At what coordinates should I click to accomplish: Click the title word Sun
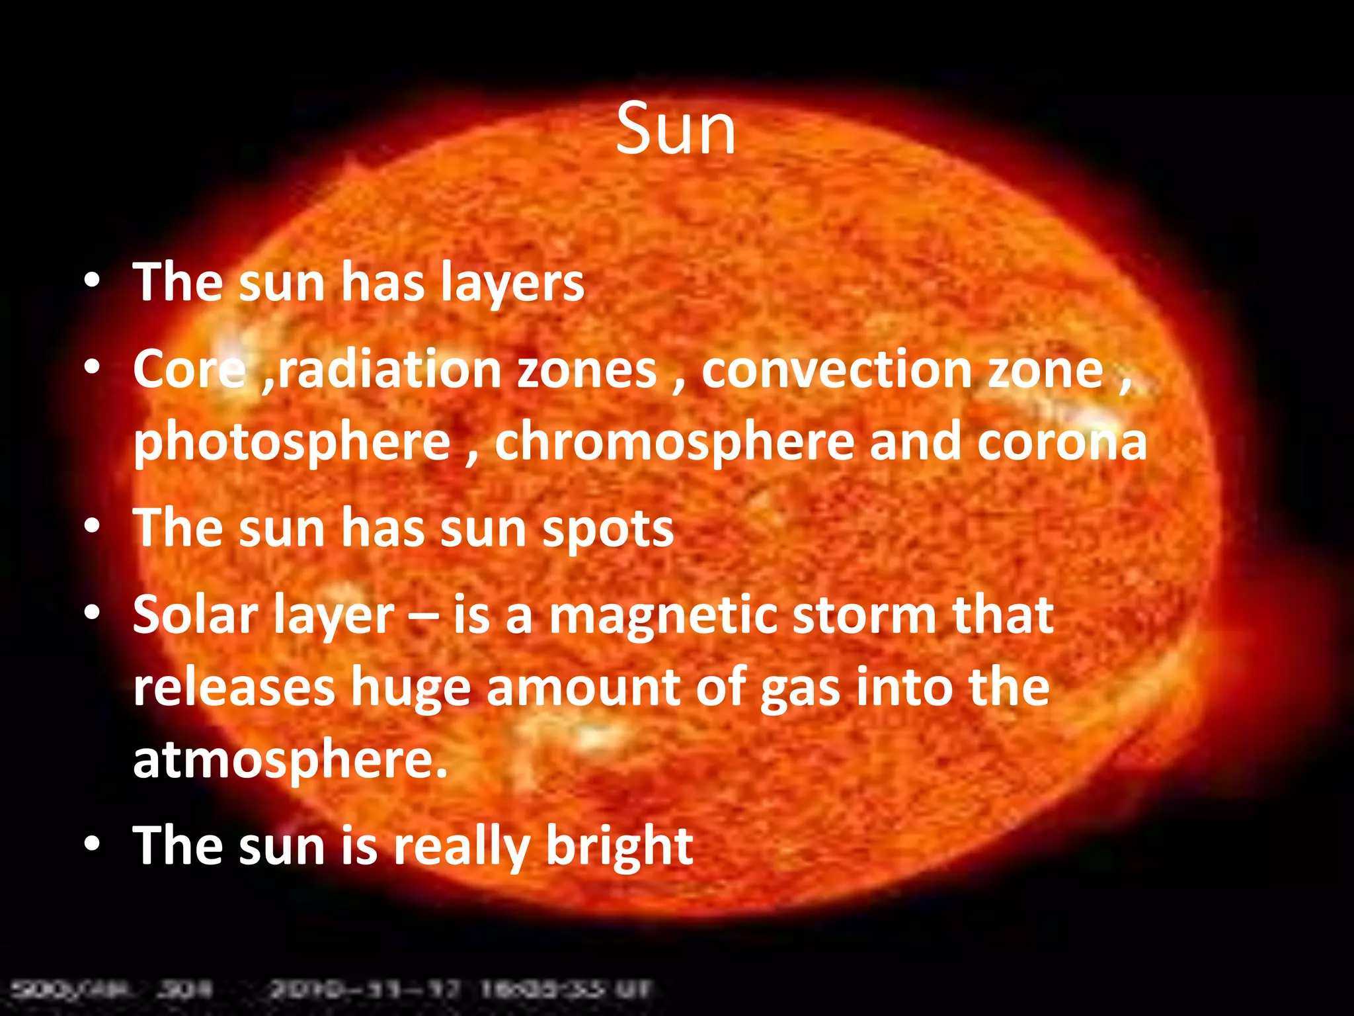pos(675,130)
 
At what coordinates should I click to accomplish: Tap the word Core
pos(188,369)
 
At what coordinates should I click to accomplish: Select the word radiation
pos(389,369)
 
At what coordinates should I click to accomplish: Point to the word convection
pos(836,369)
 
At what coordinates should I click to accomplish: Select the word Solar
pos(195,615)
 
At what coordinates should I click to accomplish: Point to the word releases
pos(234,688)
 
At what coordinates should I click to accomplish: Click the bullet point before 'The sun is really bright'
pos(92,845)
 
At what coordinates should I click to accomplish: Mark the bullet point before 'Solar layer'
pos(92,614)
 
